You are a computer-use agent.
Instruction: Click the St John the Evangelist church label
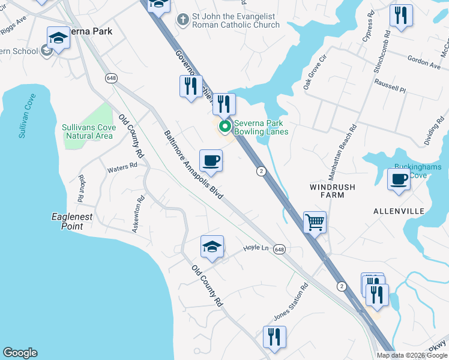click(x=236, y=20)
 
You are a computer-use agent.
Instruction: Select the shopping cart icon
click(x=315, y=223)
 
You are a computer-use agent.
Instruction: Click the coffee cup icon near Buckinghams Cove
click(x=399, y=179)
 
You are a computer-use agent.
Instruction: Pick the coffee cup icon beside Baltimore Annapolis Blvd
click(x=211, y=161)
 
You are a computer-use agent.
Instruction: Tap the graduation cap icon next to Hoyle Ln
click(x=211, y=247)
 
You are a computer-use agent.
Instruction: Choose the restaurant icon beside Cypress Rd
click(x=401, y=16)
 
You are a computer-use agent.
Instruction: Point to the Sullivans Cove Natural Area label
click(x=87, y=131)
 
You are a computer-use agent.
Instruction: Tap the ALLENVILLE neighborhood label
click(x=399, y=211)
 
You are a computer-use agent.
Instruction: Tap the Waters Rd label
click(x=118, y=169)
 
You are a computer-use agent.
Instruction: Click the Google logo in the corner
click(x=20, y=353)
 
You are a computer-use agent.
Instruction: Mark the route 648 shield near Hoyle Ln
click(x=279, y=248)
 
